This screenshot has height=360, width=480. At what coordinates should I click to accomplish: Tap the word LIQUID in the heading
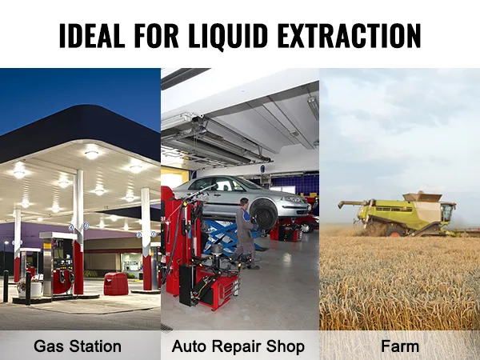pos(241,35)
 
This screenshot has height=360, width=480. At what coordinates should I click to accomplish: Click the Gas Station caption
pos(78,346)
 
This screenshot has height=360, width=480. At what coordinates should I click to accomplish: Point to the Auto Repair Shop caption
pos(238,346)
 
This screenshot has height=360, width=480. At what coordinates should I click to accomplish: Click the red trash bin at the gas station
pos(116,283)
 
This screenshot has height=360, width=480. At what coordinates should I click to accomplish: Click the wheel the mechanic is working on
pos(263,212)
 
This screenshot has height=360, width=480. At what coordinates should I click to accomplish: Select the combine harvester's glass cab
pos(446,212)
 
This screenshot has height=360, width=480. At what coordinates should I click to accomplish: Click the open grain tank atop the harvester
pos(422,197)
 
